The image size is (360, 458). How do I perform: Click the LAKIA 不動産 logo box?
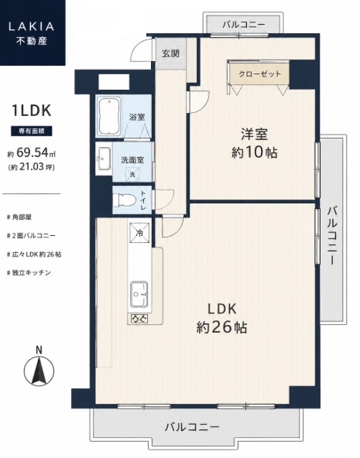coord(33,32)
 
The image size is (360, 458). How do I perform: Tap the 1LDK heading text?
coord(32,111)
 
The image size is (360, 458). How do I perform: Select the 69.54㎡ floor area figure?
coord(36,152)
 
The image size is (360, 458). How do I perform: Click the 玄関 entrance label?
coord(170,53)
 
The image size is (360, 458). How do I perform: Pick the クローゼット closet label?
coord(259,74)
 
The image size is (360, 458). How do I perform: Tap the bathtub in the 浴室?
coord(109,116)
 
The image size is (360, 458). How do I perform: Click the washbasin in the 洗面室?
coord(104,159)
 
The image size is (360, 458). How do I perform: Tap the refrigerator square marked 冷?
coord(139,233)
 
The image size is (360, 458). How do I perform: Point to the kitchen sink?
coord(139,294)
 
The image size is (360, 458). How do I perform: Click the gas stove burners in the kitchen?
coord(139,319)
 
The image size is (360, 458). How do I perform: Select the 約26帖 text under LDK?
coord(221,327)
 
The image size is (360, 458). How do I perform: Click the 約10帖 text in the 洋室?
coord(254,152)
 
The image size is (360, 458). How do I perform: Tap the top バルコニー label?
coord(243,24)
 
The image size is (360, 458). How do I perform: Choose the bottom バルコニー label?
coord(192,427)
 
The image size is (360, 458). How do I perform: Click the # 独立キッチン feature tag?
coord(29,273)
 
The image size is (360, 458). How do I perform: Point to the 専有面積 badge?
coord(32,132)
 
